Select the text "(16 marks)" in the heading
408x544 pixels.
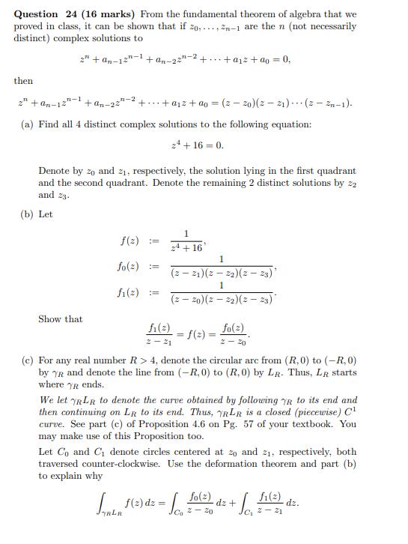tap(112, 14)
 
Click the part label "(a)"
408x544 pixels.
tap(27, 124)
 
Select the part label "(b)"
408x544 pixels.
tap(27, 214)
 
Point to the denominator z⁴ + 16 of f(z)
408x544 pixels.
tap(185, 246)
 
